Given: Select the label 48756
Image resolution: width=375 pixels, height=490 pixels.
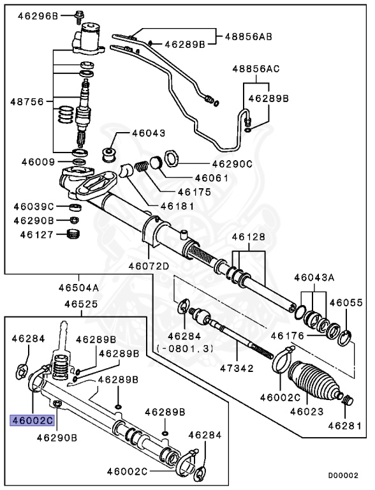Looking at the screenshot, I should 25,101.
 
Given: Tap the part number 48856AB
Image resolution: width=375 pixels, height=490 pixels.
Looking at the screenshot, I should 248,37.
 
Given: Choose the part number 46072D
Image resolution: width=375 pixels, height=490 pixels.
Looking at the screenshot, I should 148,266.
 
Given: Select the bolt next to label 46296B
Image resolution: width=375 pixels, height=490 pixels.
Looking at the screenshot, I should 80,13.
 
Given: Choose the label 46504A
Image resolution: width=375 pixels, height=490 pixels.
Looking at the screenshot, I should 80,287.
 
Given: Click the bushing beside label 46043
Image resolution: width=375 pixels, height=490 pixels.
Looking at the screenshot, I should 110,154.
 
